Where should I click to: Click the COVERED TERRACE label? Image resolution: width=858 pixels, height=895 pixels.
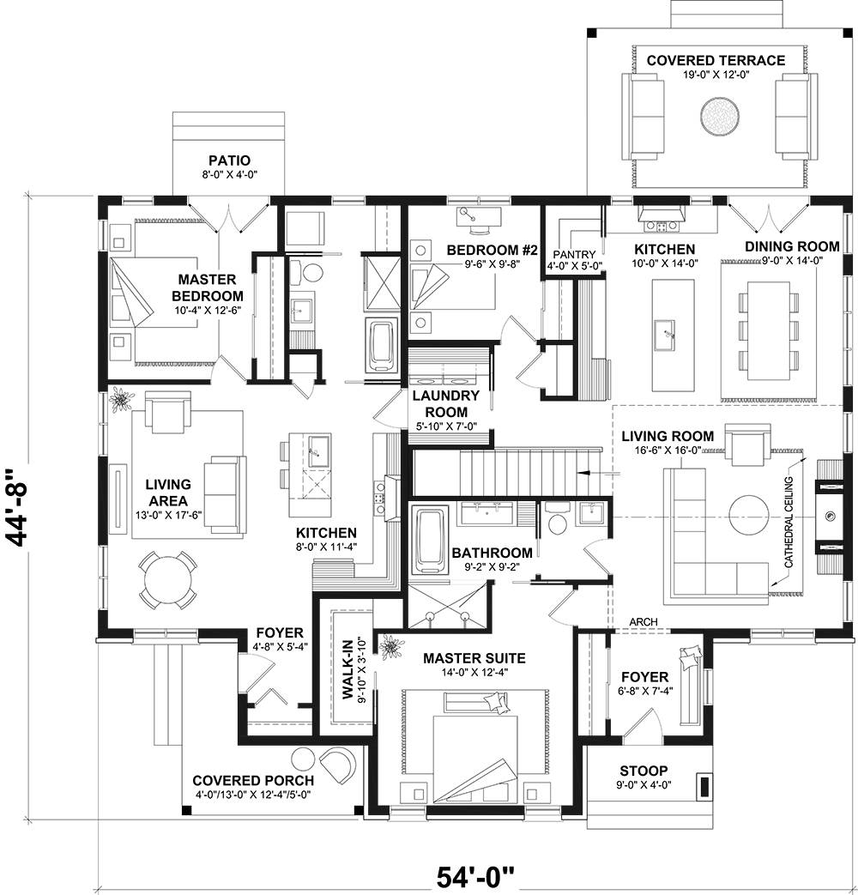point(715,60)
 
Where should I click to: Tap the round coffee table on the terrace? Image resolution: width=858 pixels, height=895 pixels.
point(719,114)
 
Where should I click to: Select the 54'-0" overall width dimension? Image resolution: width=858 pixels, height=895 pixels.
point(475,878)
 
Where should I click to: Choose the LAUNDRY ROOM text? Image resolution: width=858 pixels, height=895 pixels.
point(445,403)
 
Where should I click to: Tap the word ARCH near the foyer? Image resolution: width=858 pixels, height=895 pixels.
point(643,621)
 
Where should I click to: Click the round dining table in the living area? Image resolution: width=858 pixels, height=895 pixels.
point(167,580)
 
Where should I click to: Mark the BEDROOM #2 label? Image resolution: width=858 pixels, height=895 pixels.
point(492,250)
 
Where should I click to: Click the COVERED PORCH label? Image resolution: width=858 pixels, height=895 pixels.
point(252,781)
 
